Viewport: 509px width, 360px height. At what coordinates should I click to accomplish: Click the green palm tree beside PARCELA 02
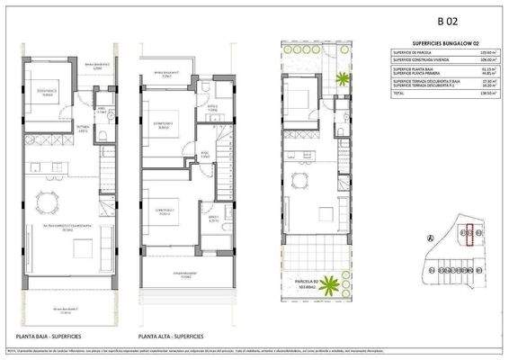pos(332,286)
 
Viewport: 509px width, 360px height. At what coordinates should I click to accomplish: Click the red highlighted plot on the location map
pos(468,234)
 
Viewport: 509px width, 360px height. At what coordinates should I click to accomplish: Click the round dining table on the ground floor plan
pos(45,199)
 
